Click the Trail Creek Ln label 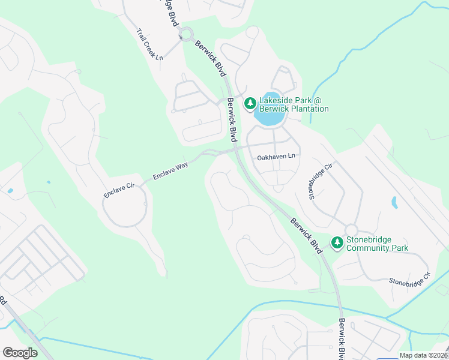pos(149,45)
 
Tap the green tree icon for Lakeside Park pos(250,104)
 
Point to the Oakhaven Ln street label pos(277,157)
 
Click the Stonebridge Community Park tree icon pos(337,243)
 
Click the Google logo pos(20,353)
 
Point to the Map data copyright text pos(423,355)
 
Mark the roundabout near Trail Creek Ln pos(186,34)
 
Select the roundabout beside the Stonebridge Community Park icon pos(351,230)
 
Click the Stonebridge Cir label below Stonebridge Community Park pos(410,278)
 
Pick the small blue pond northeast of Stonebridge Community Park pos(394,203)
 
